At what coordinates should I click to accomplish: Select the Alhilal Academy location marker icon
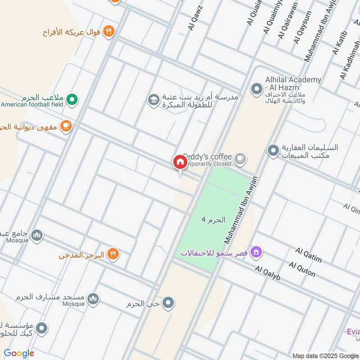(256, 89)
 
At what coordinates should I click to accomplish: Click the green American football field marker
(71, 99)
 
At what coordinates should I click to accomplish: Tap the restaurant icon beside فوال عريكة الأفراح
(108, 31)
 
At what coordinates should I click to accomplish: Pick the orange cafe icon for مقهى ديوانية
(66, 126)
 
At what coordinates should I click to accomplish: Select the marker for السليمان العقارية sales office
(273, 150)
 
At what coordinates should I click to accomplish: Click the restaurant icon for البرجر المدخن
(113, 255)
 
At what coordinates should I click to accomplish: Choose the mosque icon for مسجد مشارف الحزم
(93, 299)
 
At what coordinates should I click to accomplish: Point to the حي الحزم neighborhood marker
(168, 303)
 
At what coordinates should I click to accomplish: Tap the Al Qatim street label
(308, 255)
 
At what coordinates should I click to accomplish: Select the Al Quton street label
(302, 269)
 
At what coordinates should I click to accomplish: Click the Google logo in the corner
(19, 353)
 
